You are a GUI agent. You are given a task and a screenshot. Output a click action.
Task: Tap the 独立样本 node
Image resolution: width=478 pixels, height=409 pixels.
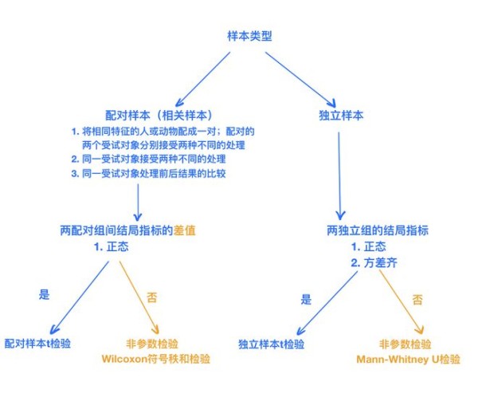(341, 115)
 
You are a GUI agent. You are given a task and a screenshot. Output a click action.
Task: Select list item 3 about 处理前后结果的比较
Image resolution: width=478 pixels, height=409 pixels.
(148, 173)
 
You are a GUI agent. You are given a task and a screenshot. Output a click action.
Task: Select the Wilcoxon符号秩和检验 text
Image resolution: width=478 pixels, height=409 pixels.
(160, 359)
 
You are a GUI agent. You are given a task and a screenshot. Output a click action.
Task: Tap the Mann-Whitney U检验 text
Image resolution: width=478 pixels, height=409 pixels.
(409, 360)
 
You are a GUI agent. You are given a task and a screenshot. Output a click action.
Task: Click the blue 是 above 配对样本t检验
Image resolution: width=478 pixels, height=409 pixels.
(44, 294)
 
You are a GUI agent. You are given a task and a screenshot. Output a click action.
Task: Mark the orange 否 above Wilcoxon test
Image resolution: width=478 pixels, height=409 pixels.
(152, 297)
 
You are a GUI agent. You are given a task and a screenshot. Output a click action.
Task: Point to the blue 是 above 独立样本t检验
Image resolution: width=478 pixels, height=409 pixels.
(307, 300)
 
